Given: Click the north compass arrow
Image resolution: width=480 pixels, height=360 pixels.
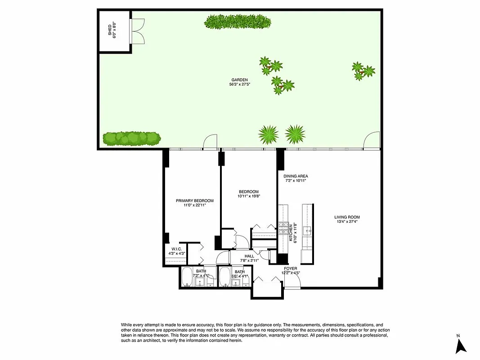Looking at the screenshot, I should click(460, 346).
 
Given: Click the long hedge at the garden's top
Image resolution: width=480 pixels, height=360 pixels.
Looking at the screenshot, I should click(238, 22).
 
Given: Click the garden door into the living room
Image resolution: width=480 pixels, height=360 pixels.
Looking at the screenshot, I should click(372, 141).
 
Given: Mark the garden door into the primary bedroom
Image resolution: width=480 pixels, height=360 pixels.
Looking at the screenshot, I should click(210, 143).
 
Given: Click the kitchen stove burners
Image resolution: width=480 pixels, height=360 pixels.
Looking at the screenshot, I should click(284, 228).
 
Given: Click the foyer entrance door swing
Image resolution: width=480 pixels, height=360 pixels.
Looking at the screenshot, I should click(292, 281).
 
